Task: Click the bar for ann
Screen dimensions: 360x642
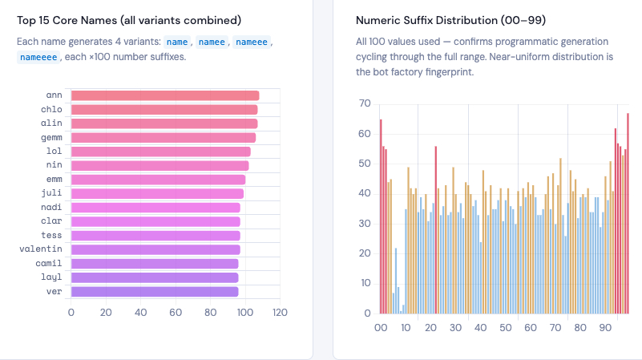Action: click(164, 95)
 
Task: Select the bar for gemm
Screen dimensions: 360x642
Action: click(163, 138)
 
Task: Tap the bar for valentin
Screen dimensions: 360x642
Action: click(155, 249)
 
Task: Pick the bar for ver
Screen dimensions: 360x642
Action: click(154, 292)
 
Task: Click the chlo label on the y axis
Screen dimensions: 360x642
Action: click(51, 110)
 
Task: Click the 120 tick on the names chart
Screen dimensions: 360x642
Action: click(280, 312)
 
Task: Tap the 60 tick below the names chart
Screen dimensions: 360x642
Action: click(176, 312)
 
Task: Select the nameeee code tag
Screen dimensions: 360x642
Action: click(38, 57)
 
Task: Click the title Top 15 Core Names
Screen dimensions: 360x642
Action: click(129, 19)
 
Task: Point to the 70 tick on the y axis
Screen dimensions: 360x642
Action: click(364, 103)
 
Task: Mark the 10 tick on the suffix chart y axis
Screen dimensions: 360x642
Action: click(364, 283)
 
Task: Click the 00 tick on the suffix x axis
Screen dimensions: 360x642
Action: click(381, 327)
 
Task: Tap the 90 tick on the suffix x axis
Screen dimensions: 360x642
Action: click(605, 327)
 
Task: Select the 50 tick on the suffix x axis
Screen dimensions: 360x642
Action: click(505, 327)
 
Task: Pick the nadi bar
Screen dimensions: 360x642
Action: click(155, 208)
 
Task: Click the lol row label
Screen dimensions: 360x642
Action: click(55, 152)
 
